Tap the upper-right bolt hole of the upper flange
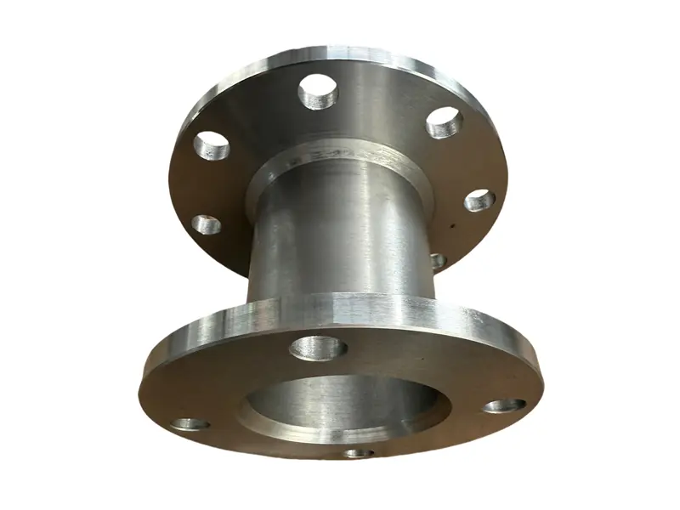coord(443,122)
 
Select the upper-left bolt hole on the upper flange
coord(212,147)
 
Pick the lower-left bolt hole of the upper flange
coord(206,224)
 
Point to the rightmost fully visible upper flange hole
coord(479,201)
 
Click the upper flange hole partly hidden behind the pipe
coord(439,260)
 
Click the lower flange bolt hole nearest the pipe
coord(318,347)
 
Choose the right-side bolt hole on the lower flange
coord(504,405)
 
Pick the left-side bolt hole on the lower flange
coord(190,423)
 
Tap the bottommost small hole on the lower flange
coord(359,453)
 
